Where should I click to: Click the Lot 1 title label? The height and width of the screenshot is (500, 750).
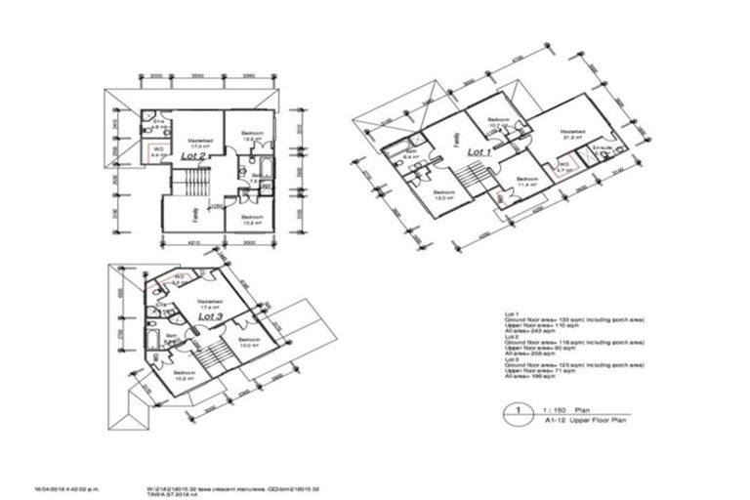click(479, 152)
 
